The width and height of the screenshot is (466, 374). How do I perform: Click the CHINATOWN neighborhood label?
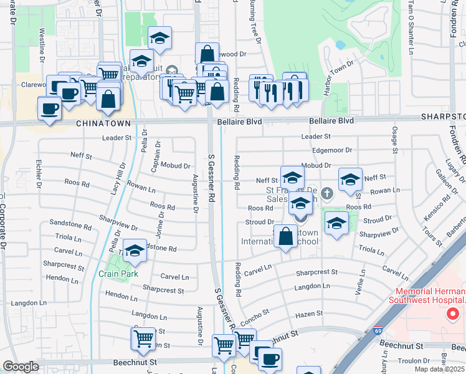click(103, 124)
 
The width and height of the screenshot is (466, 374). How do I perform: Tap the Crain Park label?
click(117, 273)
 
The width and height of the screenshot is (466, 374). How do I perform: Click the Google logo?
click(21, 367)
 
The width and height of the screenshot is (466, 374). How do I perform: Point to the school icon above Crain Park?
click(135, 251)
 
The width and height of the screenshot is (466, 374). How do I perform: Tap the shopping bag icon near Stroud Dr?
click(285, 237)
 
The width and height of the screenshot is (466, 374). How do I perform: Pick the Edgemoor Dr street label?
click(331, 150)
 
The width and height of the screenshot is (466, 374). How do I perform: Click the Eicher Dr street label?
click(39, 173)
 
